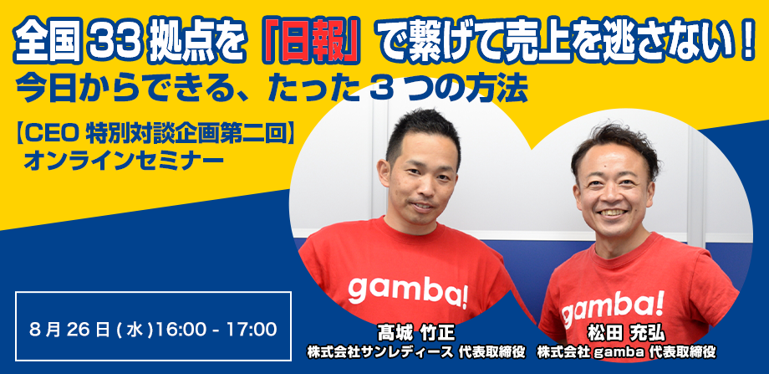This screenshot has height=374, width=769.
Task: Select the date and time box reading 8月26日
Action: (x=154, y=326)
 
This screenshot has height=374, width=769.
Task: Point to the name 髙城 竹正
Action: (x=416, y=333)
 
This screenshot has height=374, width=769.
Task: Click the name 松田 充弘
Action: (x=626, y=334)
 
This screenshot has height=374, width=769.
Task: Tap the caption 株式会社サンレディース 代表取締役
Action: (x=416, y=352)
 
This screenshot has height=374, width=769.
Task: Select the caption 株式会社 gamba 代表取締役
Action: (x=626, y=352)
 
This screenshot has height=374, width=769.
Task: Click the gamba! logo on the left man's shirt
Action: (x=408, y=290)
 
